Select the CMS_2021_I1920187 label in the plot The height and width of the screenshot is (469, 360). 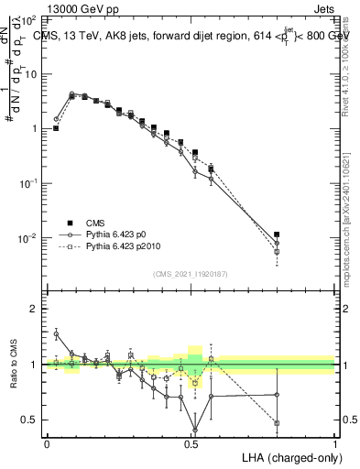[191, 273]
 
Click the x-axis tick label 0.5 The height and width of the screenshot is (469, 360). [191, 442]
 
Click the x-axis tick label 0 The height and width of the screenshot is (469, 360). [47, 442]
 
